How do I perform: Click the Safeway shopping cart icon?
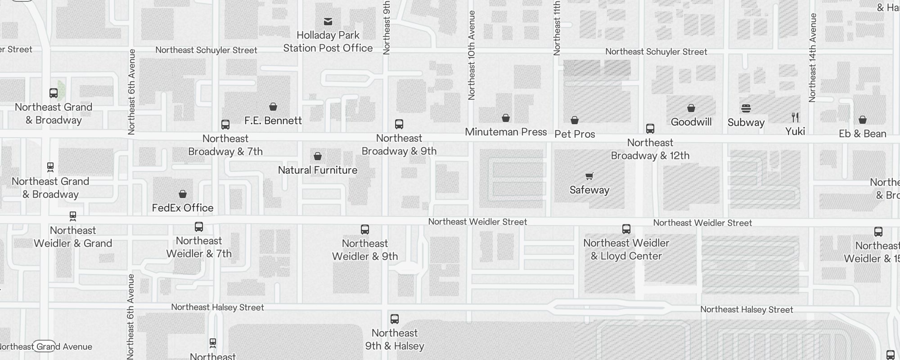click(589, 176)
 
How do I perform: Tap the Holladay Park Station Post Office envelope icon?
click(328, 21)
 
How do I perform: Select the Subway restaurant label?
click(746, 122)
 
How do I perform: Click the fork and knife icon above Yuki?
click(795, 117)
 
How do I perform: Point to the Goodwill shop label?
click(691, 122)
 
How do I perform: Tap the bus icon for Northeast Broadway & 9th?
click(399, 124)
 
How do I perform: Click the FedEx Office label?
click(182, 208)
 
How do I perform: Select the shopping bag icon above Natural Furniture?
click(317, 156)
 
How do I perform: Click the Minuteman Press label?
click(505, 132)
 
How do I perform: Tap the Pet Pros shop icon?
click(574, 120)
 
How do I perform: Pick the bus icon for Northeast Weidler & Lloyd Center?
click(626, 229)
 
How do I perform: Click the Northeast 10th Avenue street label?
click(471, 55)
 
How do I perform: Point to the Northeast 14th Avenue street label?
click(812, 58)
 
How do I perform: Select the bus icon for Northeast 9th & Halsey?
click(394, 319)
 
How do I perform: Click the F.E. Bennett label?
click(273, 121)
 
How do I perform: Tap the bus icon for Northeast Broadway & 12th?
click(650, 129)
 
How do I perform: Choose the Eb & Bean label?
click(862, 134)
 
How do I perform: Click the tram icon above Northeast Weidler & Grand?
click(73, 216)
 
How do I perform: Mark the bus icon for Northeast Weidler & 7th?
click(198, 227)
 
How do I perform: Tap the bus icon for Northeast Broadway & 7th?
click(225, 125)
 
